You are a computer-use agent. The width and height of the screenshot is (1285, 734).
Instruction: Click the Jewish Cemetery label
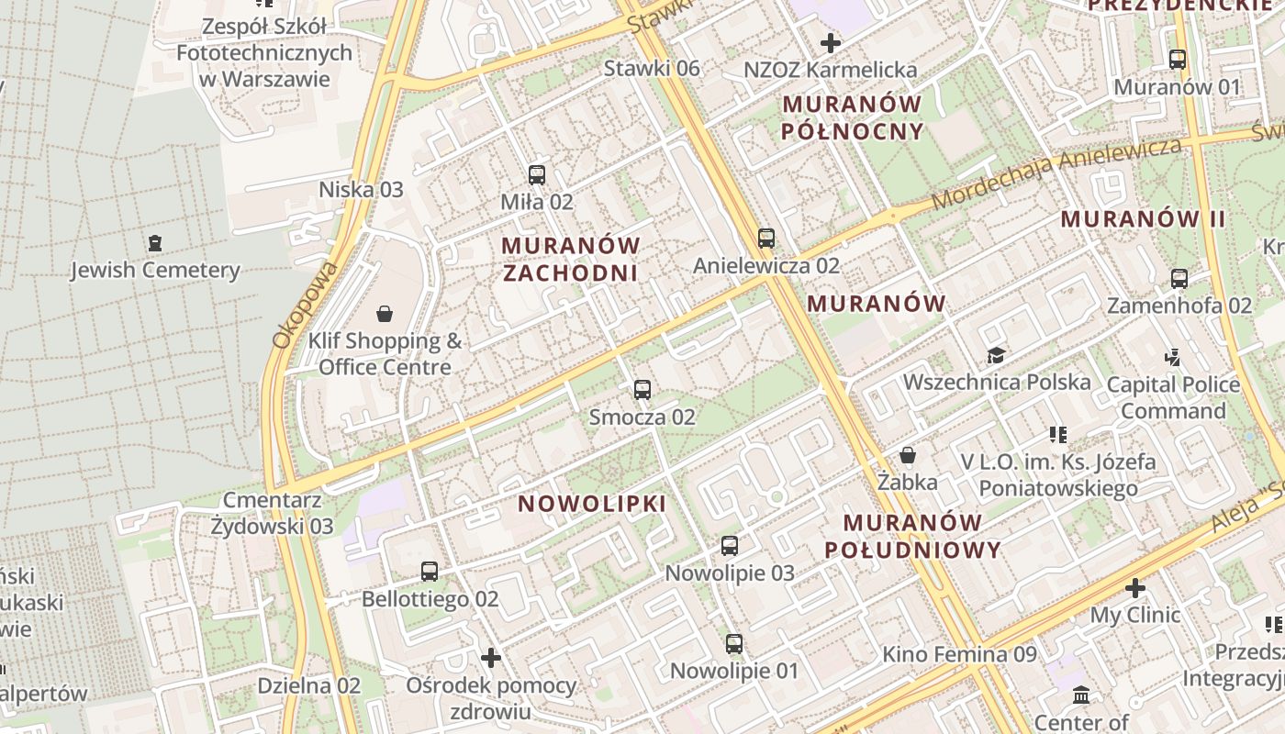pyautogui.click(x=155, y=270)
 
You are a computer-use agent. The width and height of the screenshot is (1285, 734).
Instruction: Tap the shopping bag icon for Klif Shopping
pyautogui.click(x=385, y=314)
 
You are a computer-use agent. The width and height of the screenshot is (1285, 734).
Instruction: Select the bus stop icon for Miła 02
pyautogui.click(x=537, y=174)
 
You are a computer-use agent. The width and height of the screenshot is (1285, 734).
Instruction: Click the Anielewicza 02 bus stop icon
pyautogui.click(x=766, y=239)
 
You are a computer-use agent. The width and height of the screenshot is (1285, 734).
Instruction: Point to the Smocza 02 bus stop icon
pyautogui.click(x=642, y=390)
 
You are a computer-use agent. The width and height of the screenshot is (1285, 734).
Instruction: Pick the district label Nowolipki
pyautogui.click(x=592, y=504)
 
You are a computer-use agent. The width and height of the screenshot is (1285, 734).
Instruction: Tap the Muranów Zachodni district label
pyautogui.click(x=570, y=259)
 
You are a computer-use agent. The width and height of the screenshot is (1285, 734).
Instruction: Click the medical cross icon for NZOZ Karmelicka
pyautogui.click(x=831, y=43)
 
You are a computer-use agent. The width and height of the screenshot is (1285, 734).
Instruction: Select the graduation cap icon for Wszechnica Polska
pyautogui.click(x=996, y=355)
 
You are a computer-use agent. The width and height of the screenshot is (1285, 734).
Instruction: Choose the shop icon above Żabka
pyautogui.click(x=908, y=455)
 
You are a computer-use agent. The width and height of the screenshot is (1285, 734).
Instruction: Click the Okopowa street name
pyautogui.click(x=294, y=305)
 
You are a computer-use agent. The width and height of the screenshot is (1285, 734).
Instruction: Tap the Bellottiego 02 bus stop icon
pyautogui.click(x=430, y=572)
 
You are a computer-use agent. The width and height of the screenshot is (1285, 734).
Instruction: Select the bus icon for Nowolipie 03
pyautogui.click(x=730, y=546)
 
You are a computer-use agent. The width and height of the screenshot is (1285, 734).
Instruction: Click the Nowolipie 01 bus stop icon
pyautogui.click(x=734, y=644)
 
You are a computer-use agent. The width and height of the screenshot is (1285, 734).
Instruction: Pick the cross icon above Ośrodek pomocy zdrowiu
pyautogui.click(x=491, y=658)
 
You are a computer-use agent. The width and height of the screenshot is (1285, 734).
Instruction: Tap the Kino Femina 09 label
pyautogui.click(x=959, y=654)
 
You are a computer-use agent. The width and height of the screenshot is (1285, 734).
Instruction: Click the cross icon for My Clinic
pyautogui.click(x=1135, y=587)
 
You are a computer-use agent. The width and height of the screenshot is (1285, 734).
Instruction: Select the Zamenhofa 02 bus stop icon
pyautogui.click(x=1179, y=278)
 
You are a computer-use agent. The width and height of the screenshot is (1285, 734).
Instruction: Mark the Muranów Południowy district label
pyautogui.click(x=912, y=536)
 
